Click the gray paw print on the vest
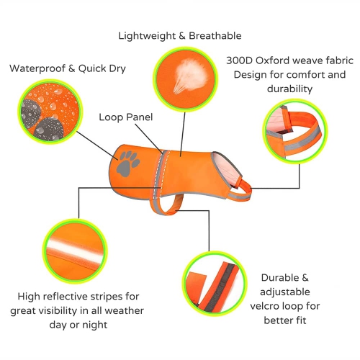point(127,164)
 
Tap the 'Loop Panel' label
point(126,117)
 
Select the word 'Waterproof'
point(37,68)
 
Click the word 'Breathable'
point(215,36)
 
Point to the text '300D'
point(240,60)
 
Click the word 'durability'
point(289,89)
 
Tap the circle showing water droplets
point(50,112)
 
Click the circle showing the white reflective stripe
point(75,251)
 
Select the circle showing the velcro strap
point(215,284)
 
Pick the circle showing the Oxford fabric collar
point(295,131)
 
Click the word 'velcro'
point(264,306)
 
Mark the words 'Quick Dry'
point(102,68)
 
